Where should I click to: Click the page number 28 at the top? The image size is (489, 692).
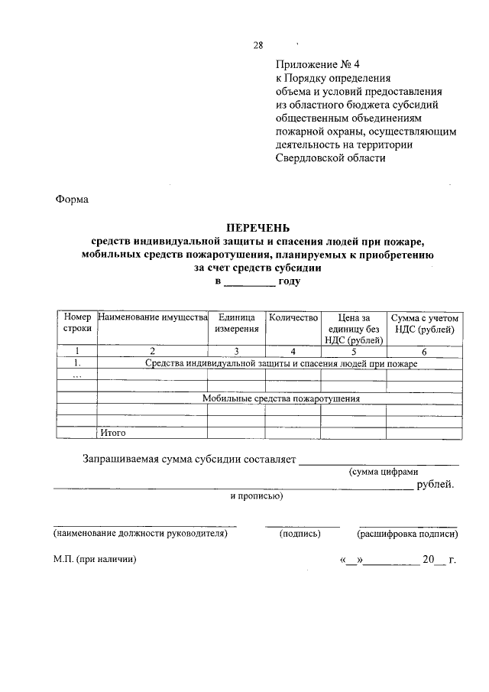tap(258, 45)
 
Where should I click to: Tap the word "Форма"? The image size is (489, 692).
tap(73, 200)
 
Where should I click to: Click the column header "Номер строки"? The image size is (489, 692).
tap(77, 323)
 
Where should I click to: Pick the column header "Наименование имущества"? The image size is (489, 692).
tap(153, 317)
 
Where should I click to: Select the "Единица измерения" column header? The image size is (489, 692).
tap(237, 323)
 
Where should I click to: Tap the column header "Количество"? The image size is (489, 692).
tap(292, 317)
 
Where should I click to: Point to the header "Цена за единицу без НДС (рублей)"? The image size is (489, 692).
tap(353, 328)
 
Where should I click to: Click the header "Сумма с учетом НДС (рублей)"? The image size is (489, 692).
tap(424, 323)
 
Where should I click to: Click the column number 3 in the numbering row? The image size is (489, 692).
tap(237, 351)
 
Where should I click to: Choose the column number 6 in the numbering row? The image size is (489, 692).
tap(424, 351)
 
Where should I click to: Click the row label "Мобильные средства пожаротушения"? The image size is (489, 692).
tap(281, 398)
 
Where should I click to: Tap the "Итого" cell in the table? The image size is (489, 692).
tap(112, 433)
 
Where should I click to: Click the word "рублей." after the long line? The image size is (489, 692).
tap(436, 484)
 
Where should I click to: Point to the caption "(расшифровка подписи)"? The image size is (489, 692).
tap(407, 534)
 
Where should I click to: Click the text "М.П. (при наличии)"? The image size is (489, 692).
tap(95, 560)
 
